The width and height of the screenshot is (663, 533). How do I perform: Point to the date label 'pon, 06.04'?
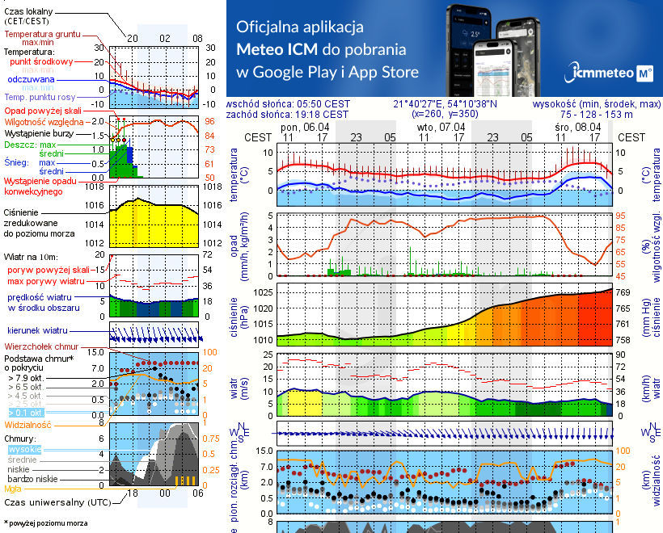click(x=304, y=127)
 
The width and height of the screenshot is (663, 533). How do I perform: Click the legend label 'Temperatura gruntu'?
click(x=43, y=35)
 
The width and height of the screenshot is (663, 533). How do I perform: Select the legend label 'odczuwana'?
click(x=31, y=80)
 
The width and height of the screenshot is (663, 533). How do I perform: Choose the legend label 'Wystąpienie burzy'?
click(x=38, y=132)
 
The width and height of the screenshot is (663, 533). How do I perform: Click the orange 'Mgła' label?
click(x=13, y=489)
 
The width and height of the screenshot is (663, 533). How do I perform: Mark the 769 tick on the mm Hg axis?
click(x=623, y=292)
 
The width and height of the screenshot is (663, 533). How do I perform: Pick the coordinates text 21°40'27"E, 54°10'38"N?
click(x=446, y=104)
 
